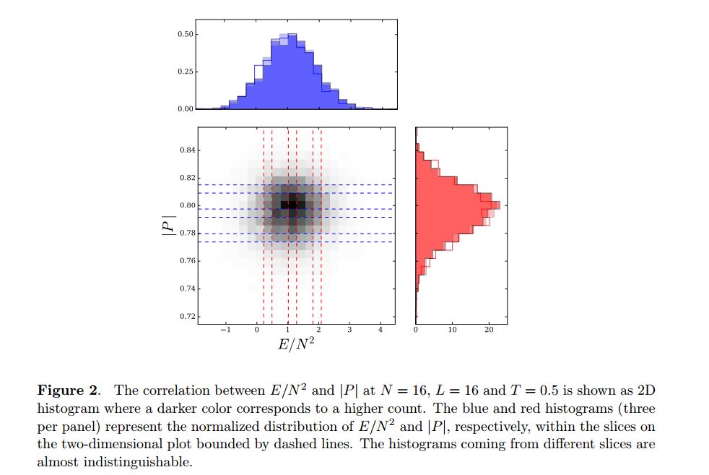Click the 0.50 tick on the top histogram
click(x=185, y=34)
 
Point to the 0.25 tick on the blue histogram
click(x=185, y=72)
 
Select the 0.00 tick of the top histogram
click(x=185, y=109)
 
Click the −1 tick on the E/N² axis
click(x=226, y=330)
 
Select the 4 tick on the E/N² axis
click(x=380, y=330)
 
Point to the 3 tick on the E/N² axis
click(x=349, y=330)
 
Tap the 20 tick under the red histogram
click(x=488, y=330)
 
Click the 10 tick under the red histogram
click(x=453, y=330)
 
